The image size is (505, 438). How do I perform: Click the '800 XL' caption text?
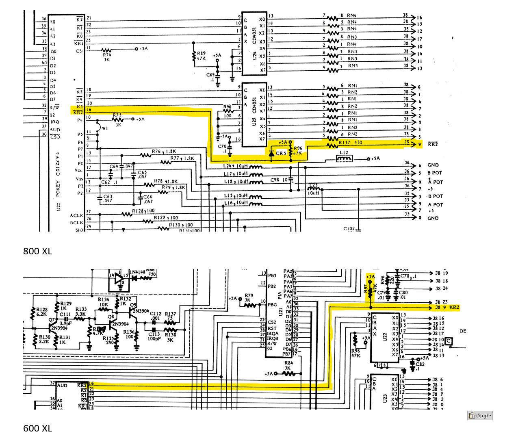click(x=37, y=251)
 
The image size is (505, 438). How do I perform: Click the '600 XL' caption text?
click(x=37, y=428)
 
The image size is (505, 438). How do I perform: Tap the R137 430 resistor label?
click(x=350, y=143)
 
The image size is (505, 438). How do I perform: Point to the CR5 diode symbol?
click(x=271, y=153)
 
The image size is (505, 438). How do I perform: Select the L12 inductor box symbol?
click(x=344, y=158)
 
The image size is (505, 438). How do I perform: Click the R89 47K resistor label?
click(x=202, y=56)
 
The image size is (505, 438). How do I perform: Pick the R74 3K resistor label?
click(x=107, y=57)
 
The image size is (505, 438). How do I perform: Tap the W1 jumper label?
click(x=105, y=128)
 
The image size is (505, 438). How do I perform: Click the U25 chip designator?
click(x=254, y=121)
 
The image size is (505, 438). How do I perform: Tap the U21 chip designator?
click(x=280, y=311)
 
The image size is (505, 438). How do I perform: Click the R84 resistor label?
click(x=288, y=363)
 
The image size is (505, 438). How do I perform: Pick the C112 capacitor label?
click(x=155, y=314)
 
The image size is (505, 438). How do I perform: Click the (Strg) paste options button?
click(x=480, y=415)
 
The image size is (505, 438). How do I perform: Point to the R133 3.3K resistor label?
click(x=80, y=311)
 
